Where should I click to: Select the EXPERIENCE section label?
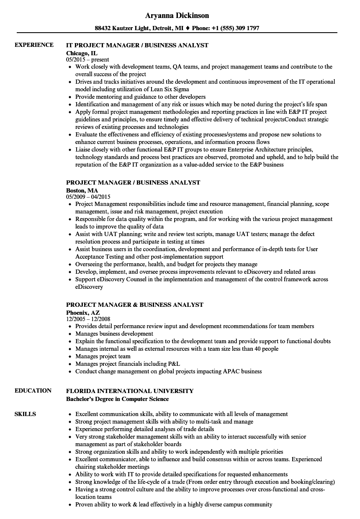[34, 45]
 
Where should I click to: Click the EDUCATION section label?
[33, 391]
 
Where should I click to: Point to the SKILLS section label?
[25, 414]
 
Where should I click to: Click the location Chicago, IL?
[82, 53]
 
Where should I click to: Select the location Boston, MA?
[82, 190]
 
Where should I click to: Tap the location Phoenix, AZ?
[83, 312]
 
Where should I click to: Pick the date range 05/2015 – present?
[87, 60]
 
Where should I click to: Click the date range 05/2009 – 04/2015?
[88, 197]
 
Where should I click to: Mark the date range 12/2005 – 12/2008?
[88, 319]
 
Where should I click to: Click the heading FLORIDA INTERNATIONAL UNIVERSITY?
[130, 391]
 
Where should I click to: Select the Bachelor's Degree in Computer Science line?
[117, 399]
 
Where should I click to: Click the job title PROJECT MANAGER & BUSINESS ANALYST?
[135, 305]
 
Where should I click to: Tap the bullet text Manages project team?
[103, 357]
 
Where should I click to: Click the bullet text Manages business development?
[114, 334]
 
